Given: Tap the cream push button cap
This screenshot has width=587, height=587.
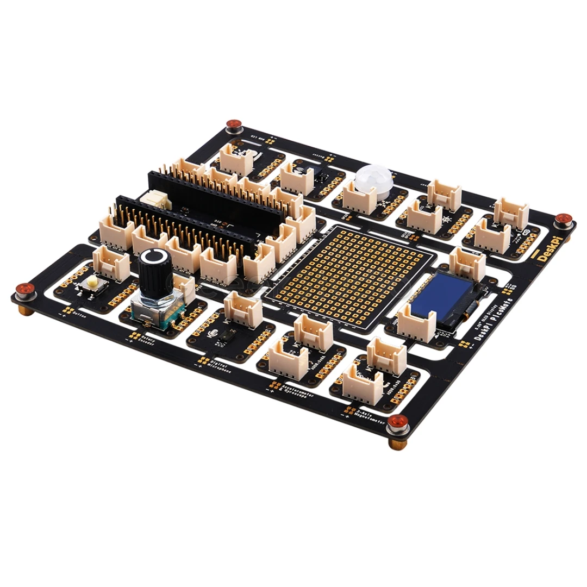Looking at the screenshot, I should click(x=93, y=282).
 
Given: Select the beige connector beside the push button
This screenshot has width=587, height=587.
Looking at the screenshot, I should click(x=111, y=262).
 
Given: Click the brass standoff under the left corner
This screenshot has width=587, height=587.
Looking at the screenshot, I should click(x=24, y=309).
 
